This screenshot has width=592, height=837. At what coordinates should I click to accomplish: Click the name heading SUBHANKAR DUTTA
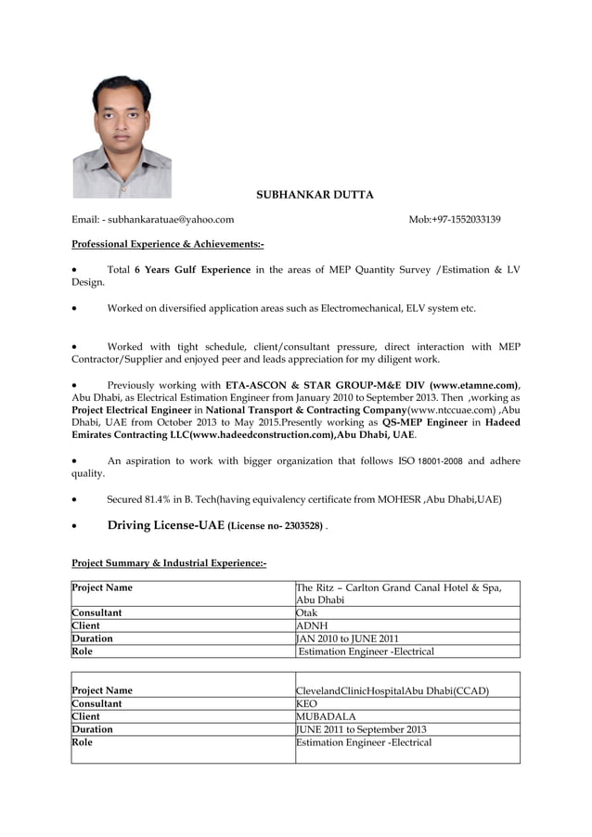point(315,195)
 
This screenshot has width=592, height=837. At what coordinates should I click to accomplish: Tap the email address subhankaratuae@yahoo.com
point(171,220)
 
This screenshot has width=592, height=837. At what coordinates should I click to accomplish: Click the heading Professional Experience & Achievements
point(168,244)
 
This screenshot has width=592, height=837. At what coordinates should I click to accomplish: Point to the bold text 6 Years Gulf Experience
point(192,270)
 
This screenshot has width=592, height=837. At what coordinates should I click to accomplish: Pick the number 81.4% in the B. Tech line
point(156,499)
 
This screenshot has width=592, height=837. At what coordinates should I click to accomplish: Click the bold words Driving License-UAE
point(165,525)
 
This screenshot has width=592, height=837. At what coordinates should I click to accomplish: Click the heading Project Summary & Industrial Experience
point(169,563)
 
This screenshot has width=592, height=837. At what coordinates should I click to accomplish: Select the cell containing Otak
point(407,612)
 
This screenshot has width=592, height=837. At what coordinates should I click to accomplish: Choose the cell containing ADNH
point(407,625)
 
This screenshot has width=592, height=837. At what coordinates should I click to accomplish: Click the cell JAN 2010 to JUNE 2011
point(407,638)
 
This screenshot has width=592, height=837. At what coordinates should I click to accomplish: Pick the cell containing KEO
point(407,703)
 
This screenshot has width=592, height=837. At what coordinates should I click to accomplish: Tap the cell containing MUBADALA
point(407,716)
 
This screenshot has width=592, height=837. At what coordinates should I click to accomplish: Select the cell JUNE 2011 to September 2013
point(407,729)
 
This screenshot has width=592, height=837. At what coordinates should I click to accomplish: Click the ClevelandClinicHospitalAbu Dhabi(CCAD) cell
point(407,690)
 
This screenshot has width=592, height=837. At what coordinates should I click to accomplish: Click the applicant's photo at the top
point(122,136)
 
